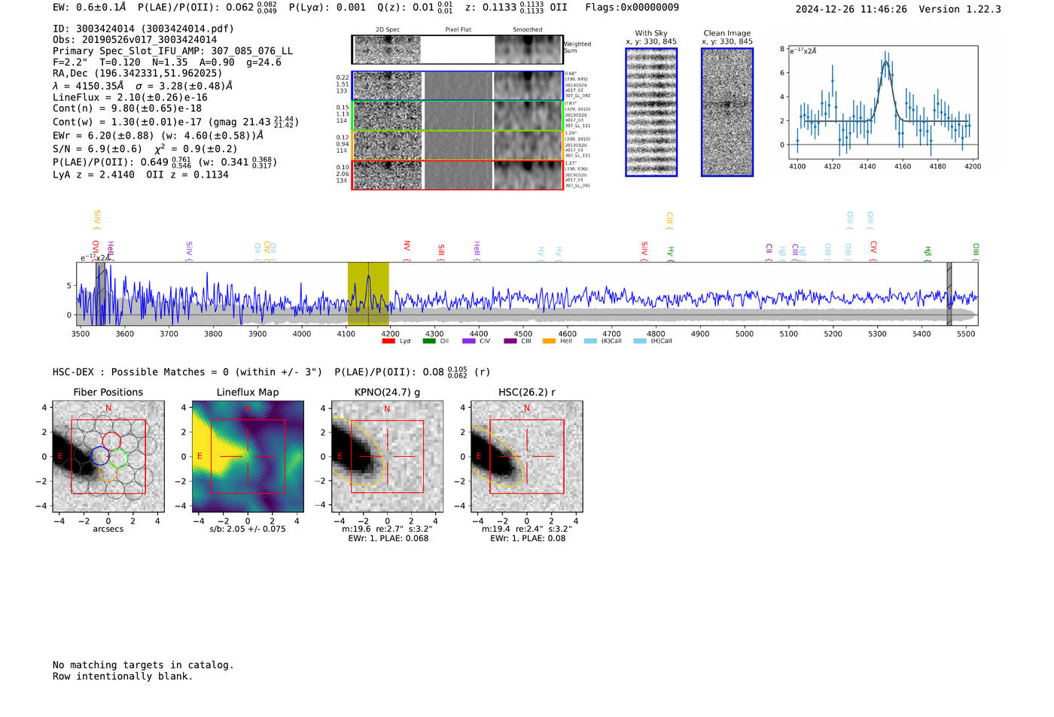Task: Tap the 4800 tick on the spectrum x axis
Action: tap(656, 333)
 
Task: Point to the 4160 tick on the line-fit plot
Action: tap(903, 166)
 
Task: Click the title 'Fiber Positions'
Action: tap(108, 392)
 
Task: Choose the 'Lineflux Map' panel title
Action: tap(248, 392)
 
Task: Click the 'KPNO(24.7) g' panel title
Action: tap(387, 392)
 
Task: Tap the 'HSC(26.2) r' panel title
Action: tap(526, 392)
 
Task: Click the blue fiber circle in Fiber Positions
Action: tap(99, 455)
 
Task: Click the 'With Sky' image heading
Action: tap(651, 33)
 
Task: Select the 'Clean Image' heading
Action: tap(727, 33)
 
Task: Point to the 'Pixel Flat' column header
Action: tap(458, 29)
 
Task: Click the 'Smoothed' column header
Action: tap(527, 29)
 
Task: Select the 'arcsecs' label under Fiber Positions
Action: tap(108, 529)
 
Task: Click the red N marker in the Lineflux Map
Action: tap(248, 409)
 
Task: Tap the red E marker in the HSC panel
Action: tap(479, 457)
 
